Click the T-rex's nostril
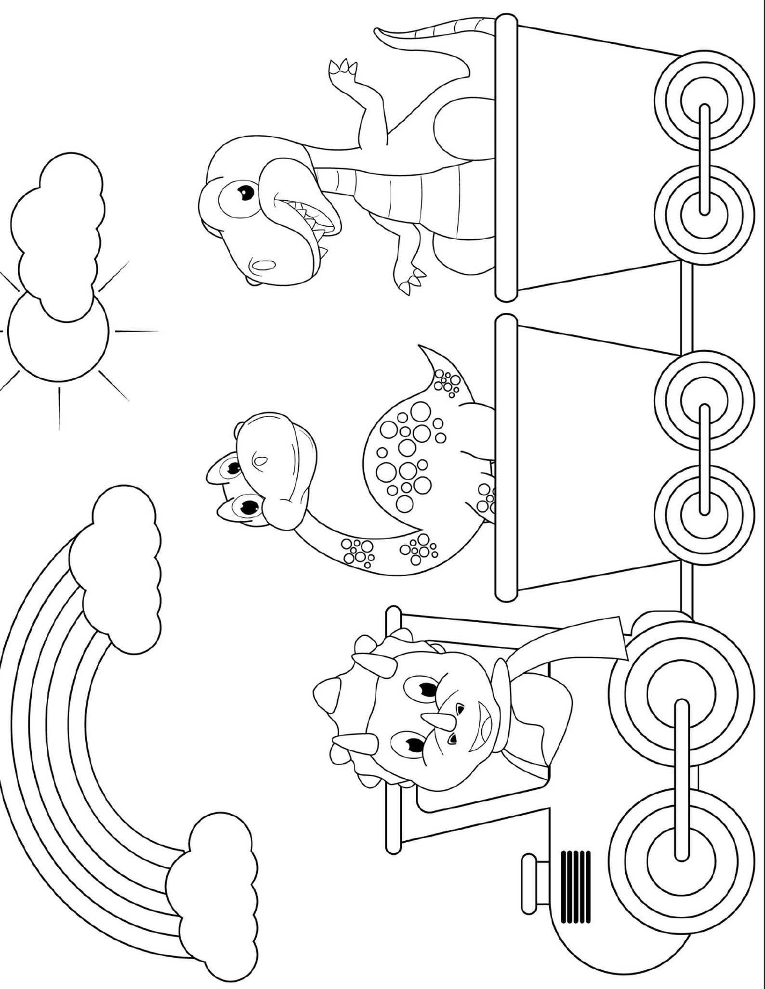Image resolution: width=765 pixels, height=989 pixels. coord(263,265)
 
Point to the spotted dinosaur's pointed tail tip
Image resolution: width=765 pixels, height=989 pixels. coord(422,347)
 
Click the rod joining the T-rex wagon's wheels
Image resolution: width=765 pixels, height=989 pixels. coord(705,159)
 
